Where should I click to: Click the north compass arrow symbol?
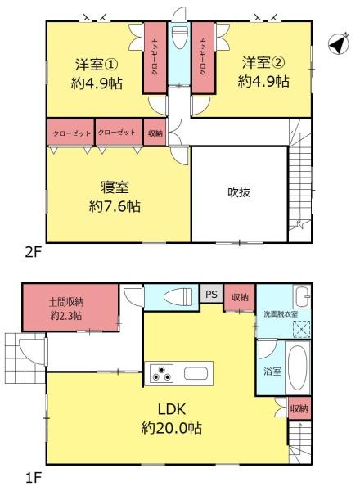pyautogui.click(x=339, y=43)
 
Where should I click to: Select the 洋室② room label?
pyautogui.click(x=263, y=63)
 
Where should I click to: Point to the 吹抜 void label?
pyautogui.click(x=239, y=192)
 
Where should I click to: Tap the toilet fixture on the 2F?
pyautogui.click(x=180, y=37)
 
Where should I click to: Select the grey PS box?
pyautogui.click(x=211, y=294)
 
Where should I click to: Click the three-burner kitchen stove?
pyautogui.click(x=161, y=373)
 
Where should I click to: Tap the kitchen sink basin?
pyautogui.click(x=196, y=373)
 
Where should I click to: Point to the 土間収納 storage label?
pyautogui.click(x=66, y=303)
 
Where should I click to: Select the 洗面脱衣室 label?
pyautogui.click(x=281, y=314)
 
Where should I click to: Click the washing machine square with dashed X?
pyautogui.click(x=301, y=329)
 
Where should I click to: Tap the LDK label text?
pyautogui.click(x=172, y=409)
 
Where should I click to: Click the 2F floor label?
pyautogui.click(x=34, y=252)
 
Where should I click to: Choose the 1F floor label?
pyautogui.click(x=34, y=478)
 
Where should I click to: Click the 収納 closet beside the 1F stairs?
pyautogui.click(x=299, y=408)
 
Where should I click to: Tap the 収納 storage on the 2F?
pyautogui.click(x=155, y=133)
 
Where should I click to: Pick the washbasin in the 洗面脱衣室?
pyautogui.click(x=302, y=296)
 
